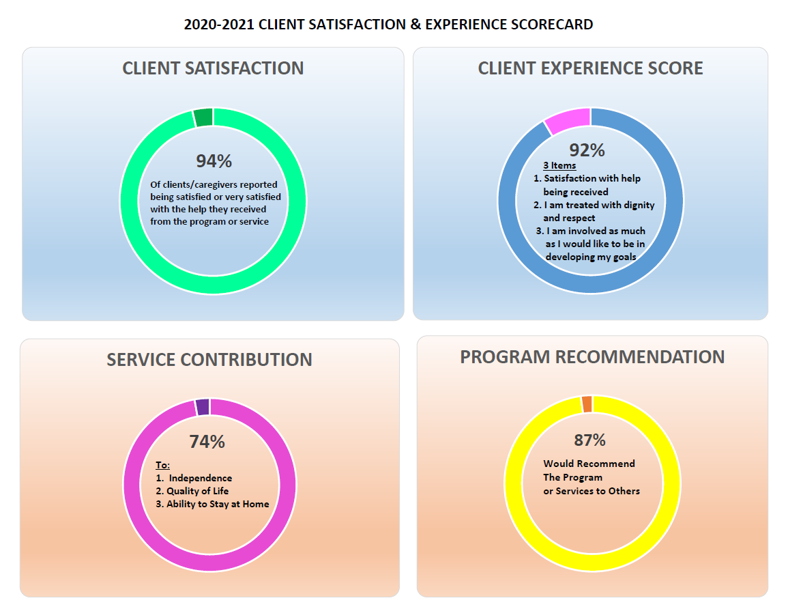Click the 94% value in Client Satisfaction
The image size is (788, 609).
(x=214, y=161)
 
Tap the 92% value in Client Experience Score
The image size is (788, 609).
(x=587, y=150)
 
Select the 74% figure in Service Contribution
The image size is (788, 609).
(x=207, y=442)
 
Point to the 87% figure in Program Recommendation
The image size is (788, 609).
(x=589, y=440)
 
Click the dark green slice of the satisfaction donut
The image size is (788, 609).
(x=203, y=117)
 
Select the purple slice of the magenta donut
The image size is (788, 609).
(x=202, y=407)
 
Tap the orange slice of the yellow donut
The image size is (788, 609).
(x=587, y=403)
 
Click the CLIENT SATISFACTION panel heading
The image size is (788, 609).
(x=213, y=68)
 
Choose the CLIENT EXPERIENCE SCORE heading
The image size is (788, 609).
(x=590, y=68)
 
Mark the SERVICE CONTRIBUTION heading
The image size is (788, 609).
(x=209, y=360)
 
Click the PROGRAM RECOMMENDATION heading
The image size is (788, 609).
(x=592, y=357)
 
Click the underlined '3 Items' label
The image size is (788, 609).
(x=559, y=165)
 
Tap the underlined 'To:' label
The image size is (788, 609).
(x=162, y=465)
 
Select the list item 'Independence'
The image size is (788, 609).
(x=200, y=478)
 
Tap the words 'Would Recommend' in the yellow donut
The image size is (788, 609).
(x=589, y=464)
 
